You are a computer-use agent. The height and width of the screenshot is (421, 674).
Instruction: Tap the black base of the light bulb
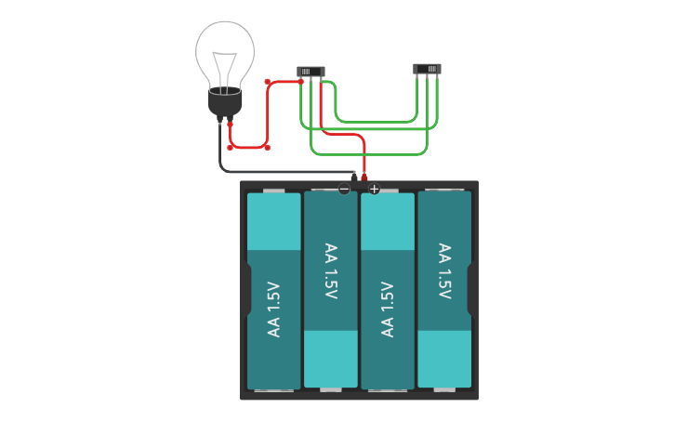point(224,101)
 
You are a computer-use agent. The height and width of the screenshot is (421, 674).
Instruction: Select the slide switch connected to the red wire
point(310,71)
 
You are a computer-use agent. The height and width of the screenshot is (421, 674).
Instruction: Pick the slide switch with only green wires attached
point(427,69)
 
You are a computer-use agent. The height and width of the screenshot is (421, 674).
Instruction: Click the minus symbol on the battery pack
point(344,189)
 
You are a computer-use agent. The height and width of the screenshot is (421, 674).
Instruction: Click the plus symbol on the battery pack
point(374,189)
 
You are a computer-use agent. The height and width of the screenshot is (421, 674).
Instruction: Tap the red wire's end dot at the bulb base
point(231,124)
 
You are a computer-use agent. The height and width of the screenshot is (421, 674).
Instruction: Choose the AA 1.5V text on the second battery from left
point(330,271)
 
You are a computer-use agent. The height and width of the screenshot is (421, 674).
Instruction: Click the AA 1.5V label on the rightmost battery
point(444,271)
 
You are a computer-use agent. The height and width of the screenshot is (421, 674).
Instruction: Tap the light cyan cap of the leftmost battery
point(273,221)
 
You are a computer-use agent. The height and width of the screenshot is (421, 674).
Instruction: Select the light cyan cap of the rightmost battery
point(444,358)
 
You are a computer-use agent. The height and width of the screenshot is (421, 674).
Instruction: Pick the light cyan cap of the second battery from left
point(330,358)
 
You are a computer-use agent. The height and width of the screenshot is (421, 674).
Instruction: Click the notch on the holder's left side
point(247,290)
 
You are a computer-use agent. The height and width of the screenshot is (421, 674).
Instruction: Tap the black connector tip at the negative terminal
point(353,176)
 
